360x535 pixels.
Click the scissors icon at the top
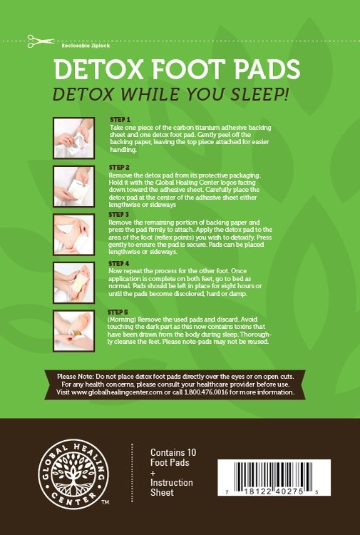tap(34, 41)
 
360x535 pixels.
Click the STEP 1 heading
tap(119, 119)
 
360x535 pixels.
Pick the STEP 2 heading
tap(119, 167)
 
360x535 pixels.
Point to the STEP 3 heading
tap(119, 213)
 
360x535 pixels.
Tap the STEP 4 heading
tap(119, 263)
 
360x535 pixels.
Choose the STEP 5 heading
tap(119, 312)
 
